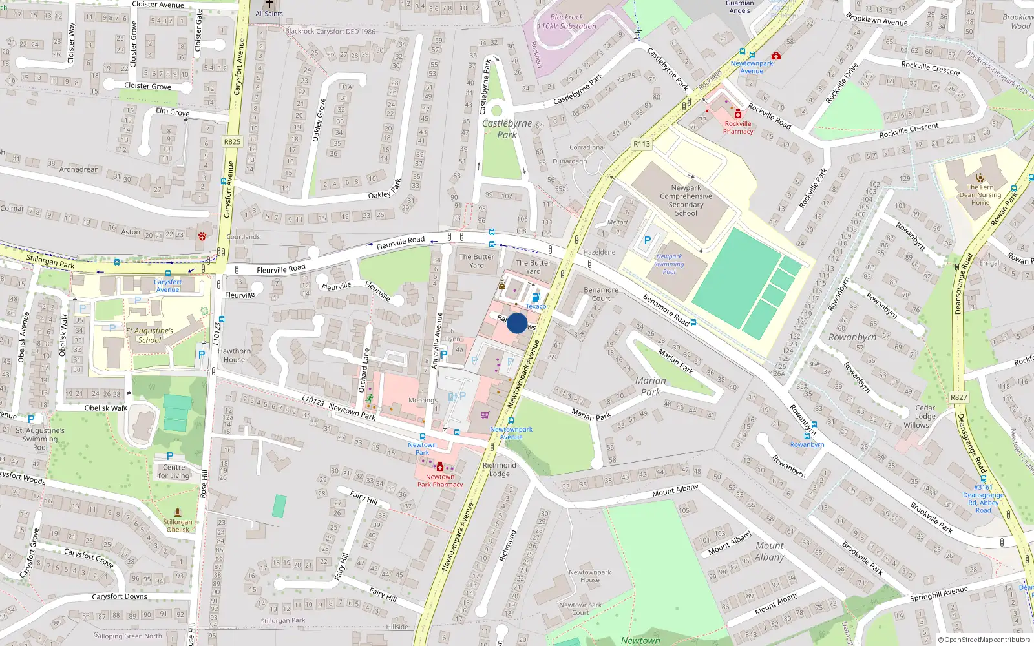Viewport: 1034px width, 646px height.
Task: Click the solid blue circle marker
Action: (x=517, y=323)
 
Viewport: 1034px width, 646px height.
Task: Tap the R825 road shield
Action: (x=232, y=141)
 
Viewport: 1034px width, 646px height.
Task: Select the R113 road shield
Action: (x=642, y=144)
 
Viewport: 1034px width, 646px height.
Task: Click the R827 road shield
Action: (x=959, y=397)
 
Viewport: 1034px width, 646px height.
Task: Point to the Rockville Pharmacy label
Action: (x=738, y=127)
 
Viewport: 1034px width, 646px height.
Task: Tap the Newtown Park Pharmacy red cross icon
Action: (x=440, y=467)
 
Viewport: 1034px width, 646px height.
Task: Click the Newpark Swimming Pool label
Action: (x=669, y=264)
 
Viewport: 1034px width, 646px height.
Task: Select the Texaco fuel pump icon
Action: (x=536, y=298)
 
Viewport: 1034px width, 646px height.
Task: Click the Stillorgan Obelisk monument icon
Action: (x=178, y=512)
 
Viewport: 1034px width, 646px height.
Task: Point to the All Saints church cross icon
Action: (x=269, y=4)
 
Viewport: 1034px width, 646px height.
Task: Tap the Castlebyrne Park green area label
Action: (x=507, y=129)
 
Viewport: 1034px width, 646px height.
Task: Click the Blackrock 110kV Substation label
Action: (x=567, y=22)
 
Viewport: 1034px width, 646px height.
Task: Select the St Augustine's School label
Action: (x=149, y=335)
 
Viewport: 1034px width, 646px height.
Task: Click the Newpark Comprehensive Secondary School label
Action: (x=686, y=200)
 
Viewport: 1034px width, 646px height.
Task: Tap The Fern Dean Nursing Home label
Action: (x=980, y=194)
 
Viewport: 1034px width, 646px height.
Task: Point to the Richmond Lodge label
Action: (x=500, y=469)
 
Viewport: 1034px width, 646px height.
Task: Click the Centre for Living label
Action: (x=174, y=472)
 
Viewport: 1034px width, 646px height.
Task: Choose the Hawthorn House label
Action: (x=234, y=355)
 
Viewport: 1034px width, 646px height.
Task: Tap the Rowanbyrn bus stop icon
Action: (x=807, y=436)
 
